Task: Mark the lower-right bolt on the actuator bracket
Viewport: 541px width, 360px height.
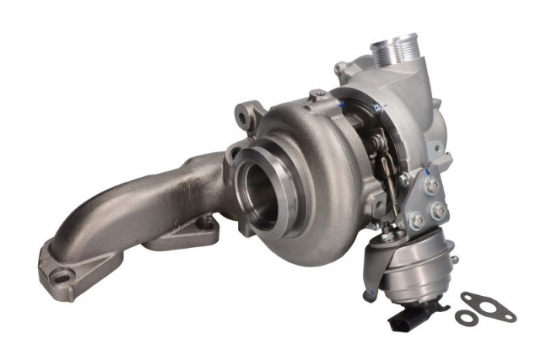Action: pos(439,209)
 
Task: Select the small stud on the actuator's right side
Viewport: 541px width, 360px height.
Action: pos(454,260)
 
